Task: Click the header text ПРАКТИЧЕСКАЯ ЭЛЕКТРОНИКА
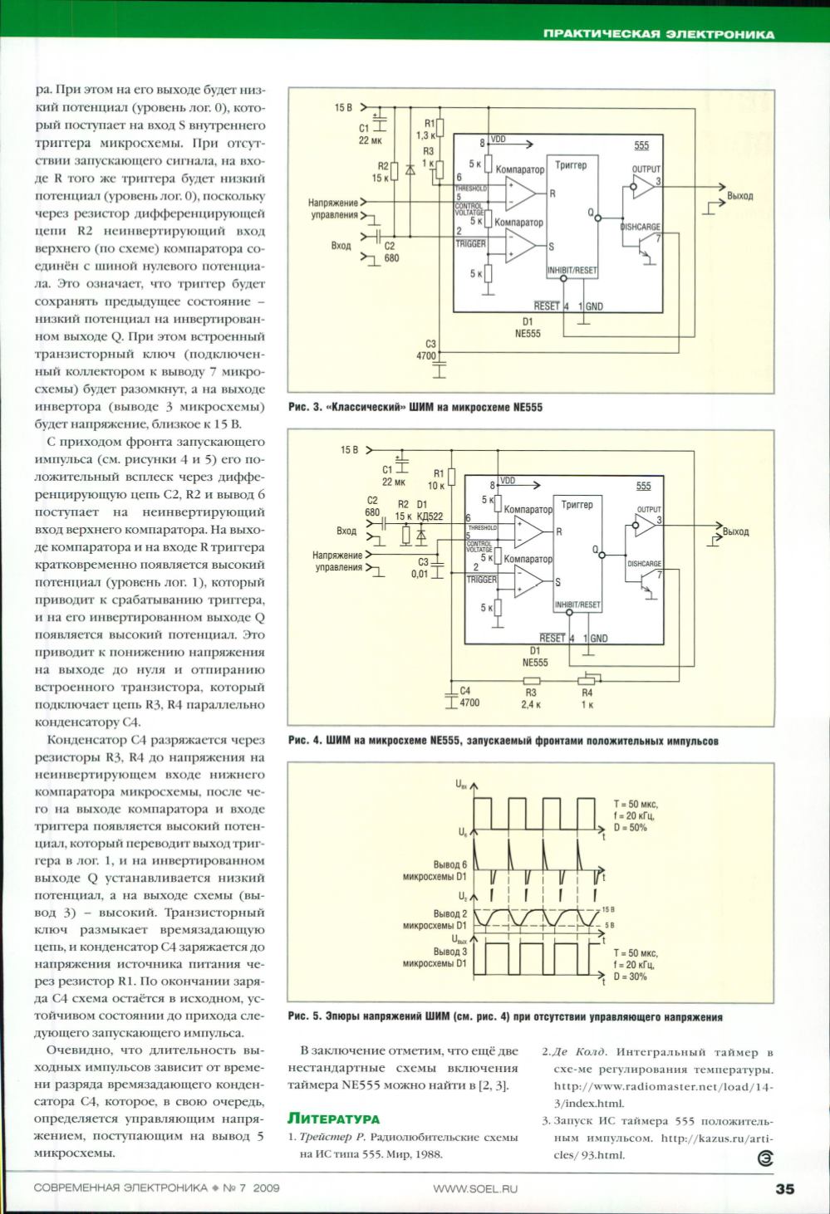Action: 658,34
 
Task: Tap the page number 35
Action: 784,1189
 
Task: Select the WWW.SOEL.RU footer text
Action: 474,1188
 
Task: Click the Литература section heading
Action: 333,1119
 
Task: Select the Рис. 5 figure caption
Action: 505,1016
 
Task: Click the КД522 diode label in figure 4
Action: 430,516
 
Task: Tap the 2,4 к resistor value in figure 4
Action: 531,704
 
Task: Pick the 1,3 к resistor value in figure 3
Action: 425,135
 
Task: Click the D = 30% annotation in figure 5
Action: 630,977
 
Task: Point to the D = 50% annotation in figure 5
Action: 630,828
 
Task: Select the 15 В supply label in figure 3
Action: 343,108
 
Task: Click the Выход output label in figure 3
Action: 739,197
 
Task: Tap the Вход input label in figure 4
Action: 346,531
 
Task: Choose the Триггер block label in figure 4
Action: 577,505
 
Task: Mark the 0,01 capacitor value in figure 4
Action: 420,574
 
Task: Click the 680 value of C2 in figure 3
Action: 391,258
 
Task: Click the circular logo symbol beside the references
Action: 764,1159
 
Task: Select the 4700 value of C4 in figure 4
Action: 469,702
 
